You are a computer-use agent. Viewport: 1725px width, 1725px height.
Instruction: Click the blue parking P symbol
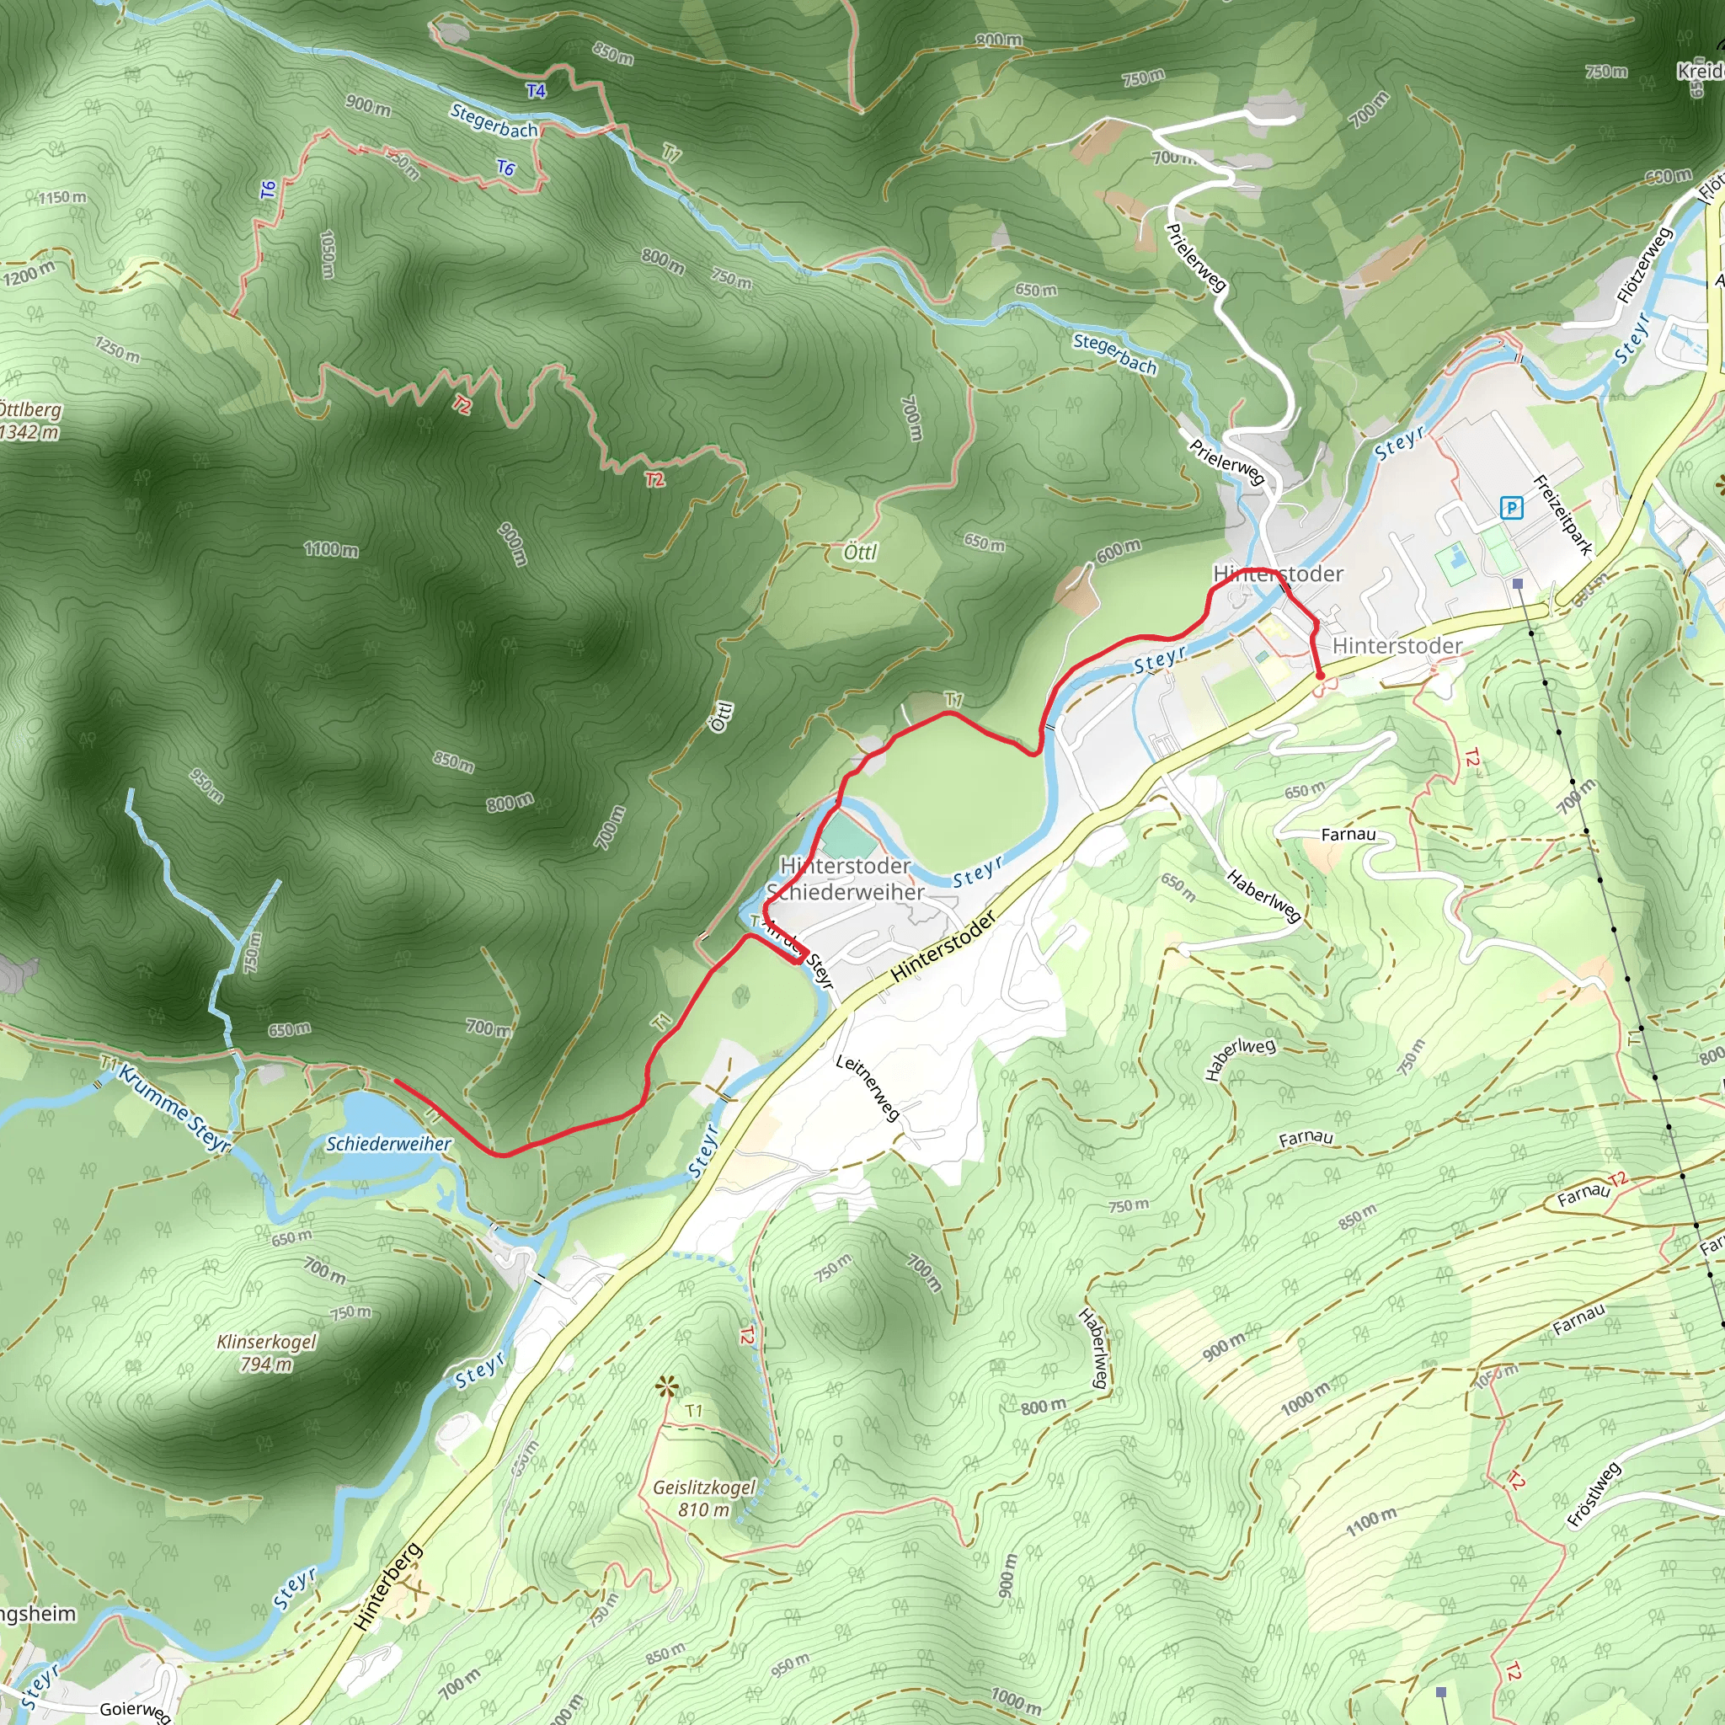pos(1511,508)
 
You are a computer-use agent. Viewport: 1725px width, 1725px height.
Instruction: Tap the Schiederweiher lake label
pos(388,1144)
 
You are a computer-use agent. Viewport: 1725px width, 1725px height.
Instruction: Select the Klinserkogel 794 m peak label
pos(266,1353)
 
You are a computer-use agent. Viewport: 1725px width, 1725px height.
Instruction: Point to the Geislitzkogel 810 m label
pos(703,1498)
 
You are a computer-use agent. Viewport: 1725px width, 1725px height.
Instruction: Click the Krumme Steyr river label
pos(175,1107)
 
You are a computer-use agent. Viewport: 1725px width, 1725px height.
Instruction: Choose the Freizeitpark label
pos(1562,515)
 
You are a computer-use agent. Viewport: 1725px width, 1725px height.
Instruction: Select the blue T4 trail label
pos(536,91)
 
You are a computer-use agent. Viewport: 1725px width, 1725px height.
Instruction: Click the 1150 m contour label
pos(62,196)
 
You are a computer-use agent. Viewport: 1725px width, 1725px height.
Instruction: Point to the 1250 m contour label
pos(118,348)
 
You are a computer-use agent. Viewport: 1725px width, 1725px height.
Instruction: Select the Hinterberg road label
pos(387,1586)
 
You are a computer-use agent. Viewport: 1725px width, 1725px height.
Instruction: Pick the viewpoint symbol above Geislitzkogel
pos(665,1386)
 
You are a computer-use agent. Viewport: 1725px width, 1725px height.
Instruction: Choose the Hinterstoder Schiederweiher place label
pos(845,879)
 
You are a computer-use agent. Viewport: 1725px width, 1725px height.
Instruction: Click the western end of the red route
pos(396,1081)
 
